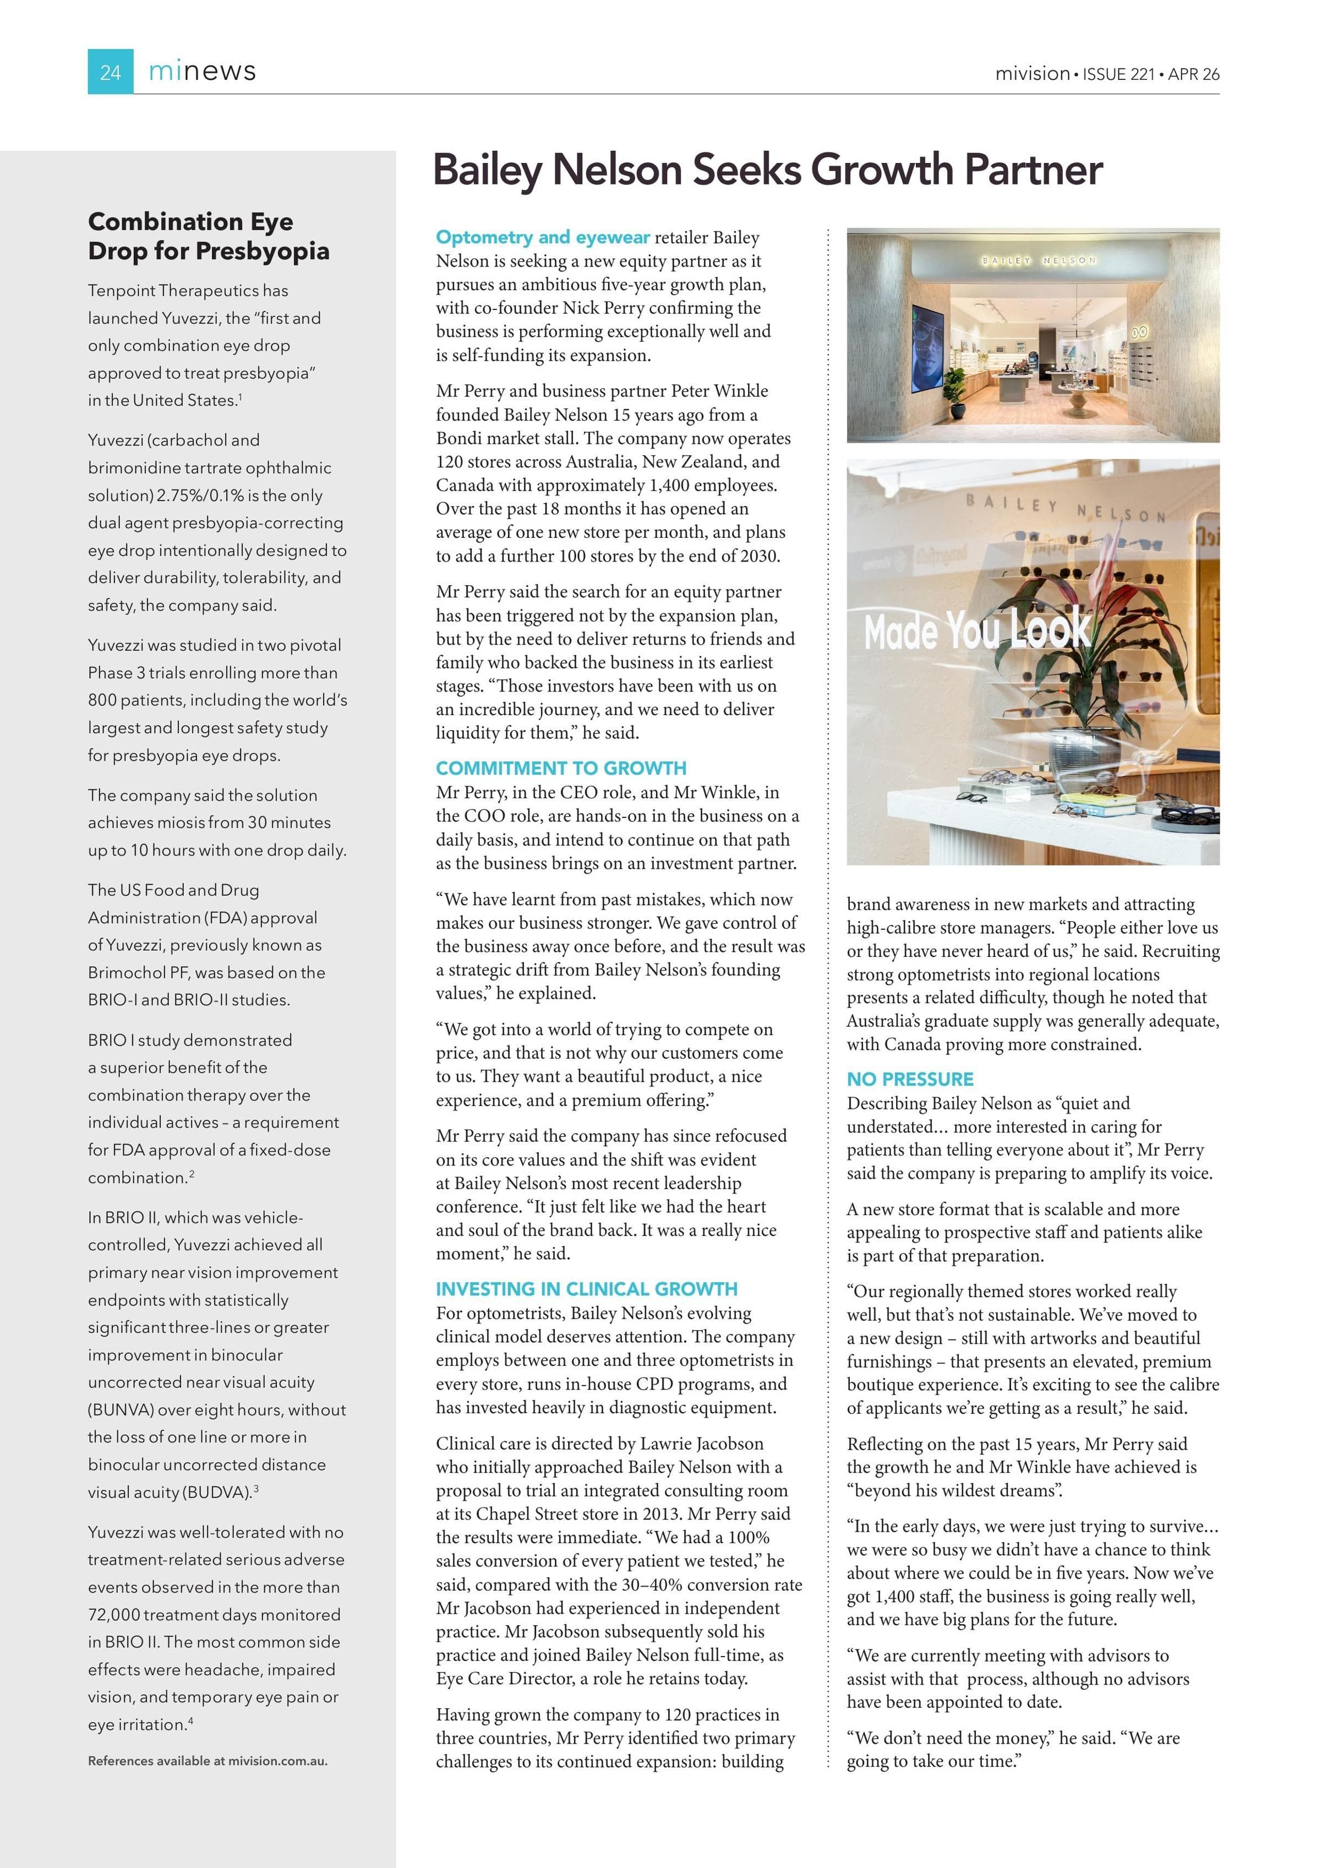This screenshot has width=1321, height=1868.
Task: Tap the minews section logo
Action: coord(202,72)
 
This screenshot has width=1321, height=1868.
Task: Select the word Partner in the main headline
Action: coord(1033,170)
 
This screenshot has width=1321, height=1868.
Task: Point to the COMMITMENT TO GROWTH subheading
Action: coord(560,768)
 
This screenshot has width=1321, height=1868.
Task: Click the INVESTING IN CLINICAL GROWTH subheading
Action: coord(587,1289)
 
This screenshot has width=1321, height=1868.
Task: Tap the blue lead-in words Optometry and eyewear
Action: coord(543,237)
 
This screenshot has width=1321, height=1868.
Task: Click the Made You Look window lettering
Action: coord(976,630)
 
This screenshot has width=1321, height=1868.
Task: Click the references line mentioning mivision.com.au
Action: coord(208,1761)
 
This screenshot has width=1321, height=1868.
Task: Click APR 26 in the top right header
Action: coord(1193,74)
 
